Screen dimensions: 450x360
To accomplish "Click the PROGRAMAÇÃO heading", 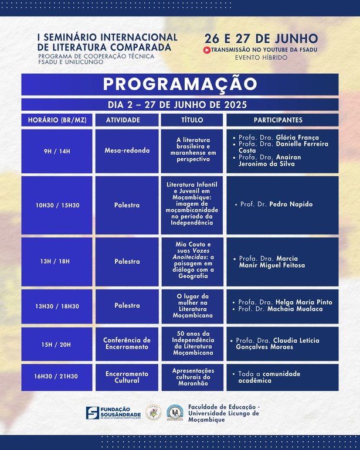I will click(x=180, y=84).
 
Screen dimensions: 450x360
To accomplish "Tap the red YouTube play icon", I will click(x=207, y=50).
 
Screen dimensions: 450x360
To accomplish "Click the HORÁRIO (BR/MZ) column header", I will click(x=57, y=120).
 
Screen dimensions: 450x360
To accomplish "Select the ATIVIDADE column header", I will click(x=123, y=120).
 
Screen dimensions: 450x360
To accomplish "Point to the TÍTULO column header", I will click(x=192, y=120).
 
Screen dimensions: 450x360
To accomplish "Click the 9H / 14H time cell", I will click(x=57, y=151).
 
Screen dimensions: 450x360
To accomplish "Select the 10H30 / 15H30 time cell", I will click(x=57, y=205).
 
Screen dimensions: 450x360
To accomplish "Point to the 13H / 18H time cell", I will click(x=57, y=261).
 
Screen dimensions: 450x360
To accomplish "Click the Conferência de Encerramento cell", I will click(x=127, y=344).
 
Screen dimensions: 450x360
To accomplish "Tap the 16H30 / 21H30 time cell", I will click(x=57, y=377).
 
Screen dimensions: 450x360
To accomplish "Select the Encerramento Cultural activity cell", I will click(x=127, y=377).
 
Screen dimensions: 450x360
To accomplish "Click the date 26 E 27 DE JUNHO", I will click(x=261, y=39).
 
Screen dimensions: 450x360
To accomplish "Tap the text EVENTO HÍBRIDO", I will click(x=261, y=58).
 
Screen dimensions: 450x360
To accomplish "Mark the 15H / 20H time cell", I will click(x=57, y=344).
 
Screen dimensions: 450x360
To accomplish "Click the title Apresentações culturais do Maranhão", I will click(x=192, y=377).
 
